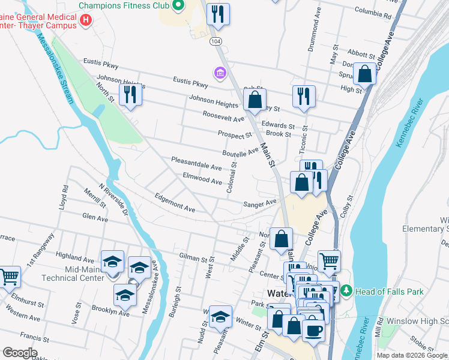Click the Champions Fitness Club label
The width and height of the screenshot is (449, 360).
pyautogui.click(x=124, y=5)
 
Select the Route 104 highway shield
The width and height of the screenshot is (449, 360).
pyautogui.click(x=215, y=41)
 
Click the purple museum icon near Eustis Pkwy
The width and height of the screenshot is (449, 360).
pyautogui.click(x=220, y=73)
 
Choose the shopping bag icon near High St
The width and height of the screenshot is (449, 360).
pyautogui.click(x=364, y=74)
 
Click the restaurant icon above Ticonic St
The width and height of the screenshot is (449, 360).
pyautogui.click(x=304, y=96)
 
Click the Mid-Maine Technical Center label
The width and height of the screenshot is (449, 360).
pyautogui.click(x=68, y=274)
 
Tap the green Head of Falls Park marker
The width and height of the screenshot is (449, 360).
pyautogui.click(x=346, y=292)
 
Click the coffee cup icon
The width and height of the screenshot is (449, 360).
pyautogui.click(x=313, y=329)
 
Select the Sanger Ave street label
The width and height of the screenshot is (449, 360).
pyautogui.click(x=260, y=204)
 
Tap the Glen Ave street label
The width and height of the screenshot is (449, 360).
pyautogui.click(x=95, y=218)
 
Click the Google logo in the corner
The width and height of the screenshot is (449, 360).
pyautogui.click(x=20, y=353)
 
